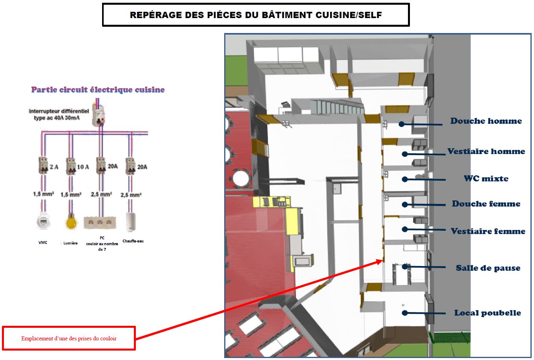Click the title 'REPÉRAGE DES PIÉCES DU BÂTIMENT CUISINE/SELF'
pos(256,15)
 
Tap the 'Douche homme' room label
pos(486,121)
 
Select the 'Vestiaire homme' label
pos(486,151)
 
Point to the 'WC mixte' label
pos(486,178)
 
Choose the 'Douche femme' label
pos(486,204)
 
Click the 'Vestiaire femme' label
pos(488,231)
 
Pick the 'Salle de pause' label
pos(488,268)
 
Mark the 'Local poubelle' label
pos(487,313)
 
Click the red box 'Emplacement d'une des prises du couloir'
pos(69,338)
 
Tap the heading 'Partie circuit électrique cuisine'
pos(98,90)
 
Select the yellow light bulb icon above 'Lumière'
pos(71,222)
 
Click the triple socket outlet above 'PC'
pos(100,222)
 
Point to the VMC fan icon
pos(43,222)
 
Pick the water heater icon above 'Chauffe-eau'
pos(131,222)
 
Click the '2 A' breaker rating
pos(54,167)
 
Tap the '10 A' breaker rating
pos(82,167)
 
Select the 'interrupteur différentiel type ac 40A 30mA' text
pos(59,114)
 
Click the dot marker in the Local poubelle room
pos(404,313)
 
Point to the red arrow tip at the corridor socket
pos(381,260)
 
